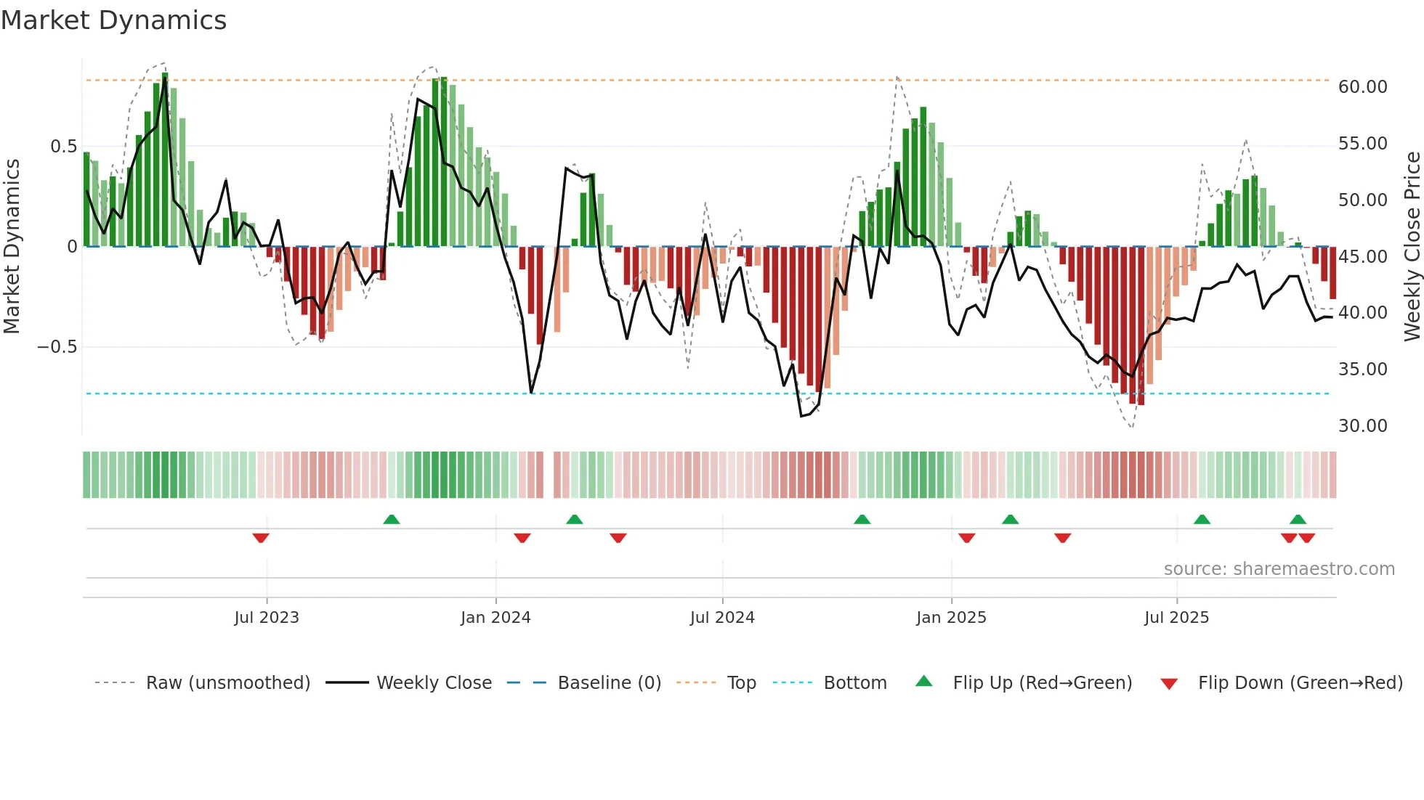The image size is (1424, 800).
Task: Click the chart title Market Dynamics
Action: point(113,20)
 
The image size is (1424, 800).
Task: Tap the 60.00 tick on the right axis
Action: point(1362,87)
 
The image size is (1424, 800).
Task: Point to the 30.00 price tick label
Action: point(1362,426)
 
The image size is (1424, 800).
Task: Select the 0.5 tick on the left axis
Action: point(63,147)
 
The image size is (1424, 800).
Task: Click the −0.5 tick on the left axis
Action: point(57,347)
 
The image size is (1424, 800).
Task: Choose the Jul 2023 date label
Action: point(267,618)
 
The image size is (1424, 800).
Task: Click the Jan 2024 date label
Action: point(495,618)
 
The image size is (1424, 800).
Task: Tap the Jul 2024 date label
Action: point(722,618)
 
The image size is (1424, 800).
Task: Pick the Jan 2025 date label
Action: point(951,618)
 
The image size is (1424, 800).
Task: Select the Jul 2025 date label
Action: point(1176,618)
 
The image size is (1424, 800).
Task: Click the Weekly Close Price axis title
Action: point(1412,247)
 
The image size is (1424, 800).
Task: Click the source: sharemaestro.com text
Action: point(1279,569)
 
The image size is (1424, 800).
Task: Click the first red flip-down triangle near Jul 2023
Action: point(261,538)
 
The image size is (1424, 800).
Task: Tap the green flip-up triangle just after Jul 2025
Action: point(1202,519)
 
